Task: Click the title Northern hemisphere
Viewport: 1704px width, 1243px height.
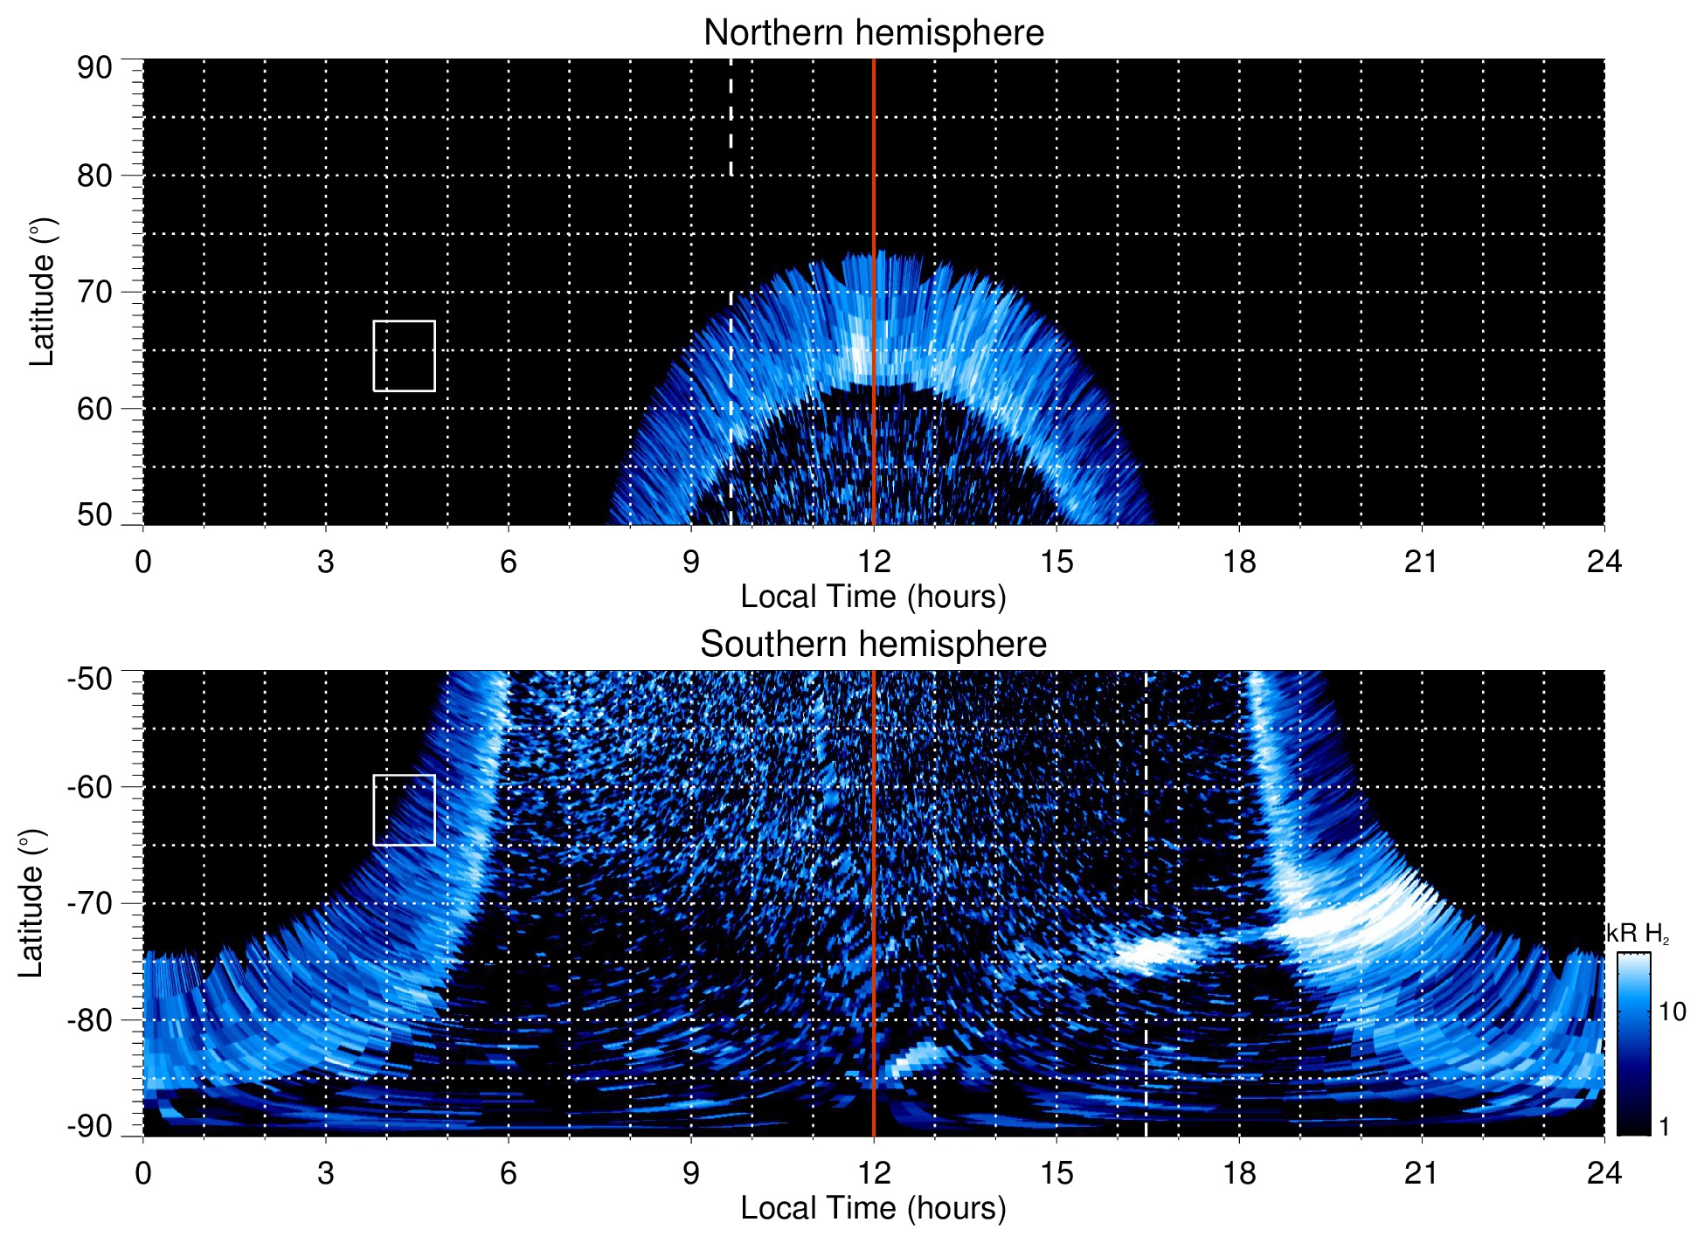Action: click(x=873, y=33)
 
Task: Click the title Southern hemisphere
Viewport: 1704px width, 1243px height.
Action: click(x=873, y=645)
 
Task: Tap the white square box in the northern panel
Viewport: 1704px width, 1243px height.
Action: click(x=404, y=356)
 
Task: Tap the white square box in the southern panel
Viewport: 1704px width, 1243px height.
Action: click(x=404, y=810)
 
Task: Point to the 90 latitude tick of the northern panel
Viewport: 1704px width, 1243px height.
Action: click(x=94, y=67)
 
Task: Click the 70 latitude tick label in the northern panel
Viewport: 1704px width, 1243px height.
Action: click(x=94, y=292)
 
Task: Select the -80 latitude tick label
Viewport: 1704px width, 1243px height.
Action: click(x=89, y=1019)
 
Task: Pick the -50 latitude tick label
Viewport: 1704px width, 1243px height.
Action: click(x=89, y=679)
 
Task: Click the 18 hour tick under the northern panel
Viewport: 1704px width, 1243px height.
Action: click(x=1239, y=562)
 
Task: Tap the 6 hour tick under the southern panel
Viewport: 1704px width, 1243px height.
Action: click(x=509, y=1173)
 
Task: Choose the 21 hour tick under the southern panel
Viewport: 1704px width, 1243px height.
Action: click(x=1422, y=1173)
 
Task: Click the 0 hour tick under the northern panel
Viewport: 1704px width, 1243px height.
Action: click(x=143, y=562)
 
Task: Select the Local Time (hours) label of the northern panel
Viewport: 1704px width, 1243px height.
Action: click(x=873, y=597)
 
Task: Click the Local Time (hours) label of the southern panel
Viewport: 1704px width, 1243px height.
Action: click(x=873, y=1208)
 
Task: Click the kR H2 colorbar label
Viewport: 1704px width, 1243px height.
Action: click(x=1638, y=934)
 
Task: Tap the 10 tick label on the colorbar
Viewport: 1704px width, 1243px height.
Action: click(x=1672, y=1012)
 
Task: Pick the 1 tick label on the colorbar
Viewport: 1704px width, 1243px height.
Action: click(x=1664, y=1127)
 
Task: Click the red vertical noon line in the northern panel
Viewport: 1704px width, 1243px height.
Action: click(x=874, y=175)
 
